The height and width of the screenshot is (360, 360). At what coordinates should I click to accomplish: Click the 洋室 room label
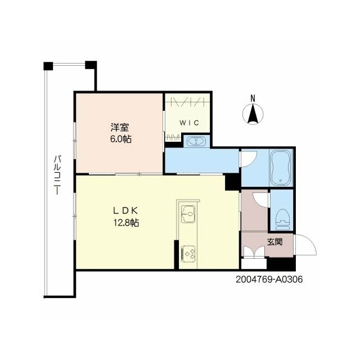tap(120, 128)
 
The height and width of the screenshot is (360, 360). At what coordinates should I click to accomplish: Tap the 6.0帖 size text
tap(121, 139)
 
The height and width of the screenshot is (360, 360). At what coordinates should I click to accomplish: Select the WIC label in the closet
tap(189, 123)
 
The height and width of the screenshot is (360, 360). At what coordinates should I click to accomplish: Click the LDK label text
tap(125, 210)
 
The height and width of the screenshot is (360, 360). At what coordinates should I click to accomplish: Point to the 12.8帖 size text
tap(126, 223)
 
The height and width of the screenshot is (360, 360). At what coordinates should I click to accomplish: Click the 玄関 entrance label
tap(274, 242)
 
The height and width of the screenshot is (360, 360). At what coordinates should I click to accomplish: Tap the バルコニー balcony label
tap(57, 175)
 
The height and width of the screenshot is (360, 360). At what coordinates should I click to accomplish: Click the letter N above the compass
tap(253, 98)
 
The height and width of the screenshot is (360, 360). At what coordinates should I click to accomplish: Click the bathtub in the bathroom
tap(281, 168)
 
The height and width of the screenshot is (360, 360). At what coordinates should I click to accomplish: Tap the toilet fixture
tap(282, 219)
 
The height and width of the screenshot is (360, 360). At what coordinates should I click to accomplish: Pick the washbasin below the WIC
tap(196, 141)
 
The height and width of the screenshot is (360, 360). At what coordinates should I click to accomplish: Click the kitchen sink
tap(188, 214)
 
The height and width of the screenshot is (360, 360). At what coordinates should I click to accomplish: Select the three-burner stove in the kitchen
tap(188, 254)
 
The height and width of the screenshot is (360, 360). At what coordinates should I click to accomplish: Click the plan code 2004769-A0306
tap(269, 280)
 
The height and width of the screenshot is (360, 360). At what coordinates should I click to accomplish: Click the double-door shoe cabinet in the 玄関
tap(254, 252)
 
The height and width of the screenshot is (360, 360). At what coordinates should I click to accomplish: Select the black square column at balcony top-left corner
tap(48, 66)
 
